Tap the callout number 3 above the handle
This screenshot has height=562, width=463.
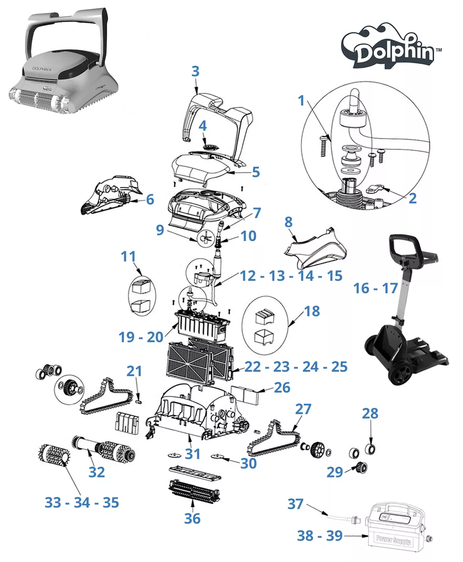point(195,71)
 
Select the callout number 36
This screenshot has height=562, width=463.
point(192,518)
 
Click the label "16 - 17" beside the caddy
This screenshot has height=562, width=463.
point(375,288)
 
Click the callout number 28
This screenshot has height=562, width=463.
point(370,413)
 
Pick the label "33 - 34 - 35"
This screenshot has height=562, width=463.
point(82,502)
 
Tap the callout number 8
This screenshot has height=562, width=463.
point(288,222)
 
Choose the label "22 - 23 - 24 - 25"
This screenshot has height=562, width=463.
point(296,367)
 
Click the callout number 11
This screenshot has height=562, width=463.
point(128,256)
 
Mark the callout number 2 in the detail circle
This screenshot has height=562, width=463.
point(412,198)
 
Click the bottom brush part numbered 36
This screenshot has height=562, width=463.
point(195,491)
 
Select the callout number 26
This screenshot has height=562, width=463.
point(282,387)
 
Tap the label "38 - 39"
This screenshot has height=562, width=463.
point(319,536)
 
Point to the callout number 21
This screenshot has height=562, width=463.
point(134,371)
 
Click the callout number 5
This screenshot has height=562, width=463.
point(256,172)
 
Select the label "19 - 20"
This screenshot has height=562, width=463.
point(141,337)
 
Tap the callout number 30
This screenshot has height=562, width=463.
point(248,463)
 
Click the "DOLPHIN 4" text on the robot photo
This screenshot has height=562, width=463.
point(42,69)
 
